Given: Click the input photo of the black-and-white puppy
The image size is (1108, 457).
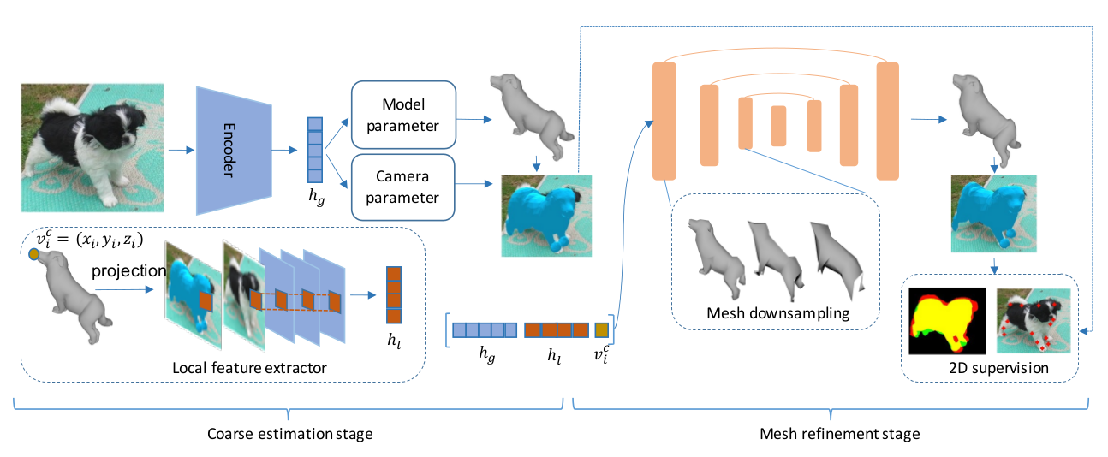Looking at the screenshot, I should pyautogui.click(x=92, y=147).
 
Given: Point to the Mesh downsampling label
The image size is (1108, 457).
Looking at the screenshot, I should pyautogui.click(x=777, y=313).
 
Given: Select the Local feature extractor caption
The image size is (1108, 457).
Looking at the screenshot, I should pyautogui.click(x=250, y=368).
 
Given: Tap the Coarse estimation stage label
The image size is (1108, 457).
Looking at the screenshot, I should pyautogui.click(x=290, y=434).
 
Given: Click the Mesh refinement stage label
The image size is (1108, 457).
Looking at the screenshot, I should pyautogui.click(x=840, y=434).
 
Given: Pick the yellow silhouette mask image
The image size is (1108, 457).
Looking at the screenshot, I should pyautogui.click(x=947, y=322).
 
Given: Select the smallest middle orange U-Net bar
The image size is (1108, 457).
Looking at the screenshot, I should pyautogui.click(x=777, y=127).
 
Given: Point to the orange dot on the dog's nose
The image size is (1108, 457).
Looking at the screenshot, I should pyautogui.click(x=34, y=254).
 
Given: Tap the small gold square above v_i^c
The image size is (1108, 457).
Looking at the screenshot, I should pyautogui.click(x=602, y=329).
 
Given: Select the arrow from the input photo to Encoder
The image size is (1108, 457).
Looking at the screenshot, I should pyautogui.click(x=180, y=151).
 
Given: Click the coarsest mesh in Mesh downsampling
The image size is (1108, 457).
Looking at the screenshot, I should pyautogui.click(x=841, y=253).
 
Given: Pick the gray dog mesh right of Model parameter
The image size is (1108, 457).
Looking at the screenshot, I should pyautogui.click(x=529, y=113).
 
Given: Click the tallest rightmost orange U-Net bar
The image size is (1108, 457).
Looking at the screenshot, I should pyautogui.click(x=888, y=120).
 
